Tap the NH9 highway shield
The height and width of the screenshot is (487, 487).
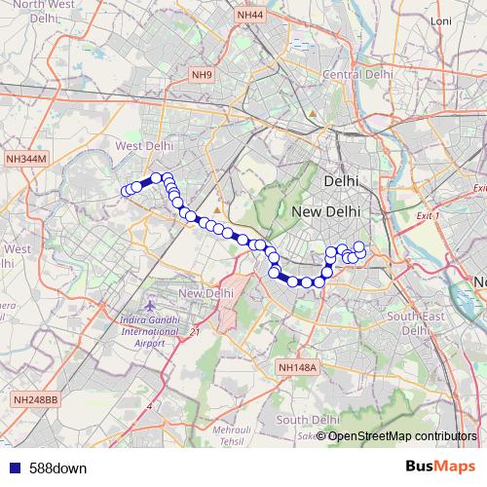tap(202, 75)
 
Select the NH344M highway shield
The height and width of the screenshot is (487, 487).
tap(25, 158)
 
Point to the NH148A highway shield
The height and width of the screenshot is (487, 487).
tap(297, 366)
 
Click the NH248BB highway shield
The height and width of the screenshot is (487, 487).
tap(36, 399)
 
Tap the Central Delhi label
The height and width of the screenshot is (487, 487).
tap(356, 74)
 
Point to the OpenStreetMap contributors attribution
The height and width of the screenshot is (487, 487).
tap(402, 435)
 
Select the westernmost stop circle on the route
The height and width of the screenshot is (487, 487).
tap(125, 190)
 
